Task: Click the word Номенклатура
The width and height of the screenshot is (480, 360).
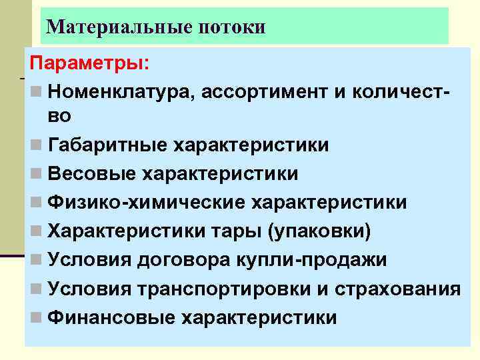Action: coord(119,90)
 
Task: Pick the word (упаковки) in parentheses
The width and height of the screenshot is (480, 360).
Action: coord(319,231)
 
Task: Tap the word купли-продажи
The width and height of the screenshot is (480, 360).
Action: coord(315,260)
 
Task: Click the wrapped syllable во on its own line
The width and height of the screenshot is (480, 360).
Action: coord(59,116)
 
